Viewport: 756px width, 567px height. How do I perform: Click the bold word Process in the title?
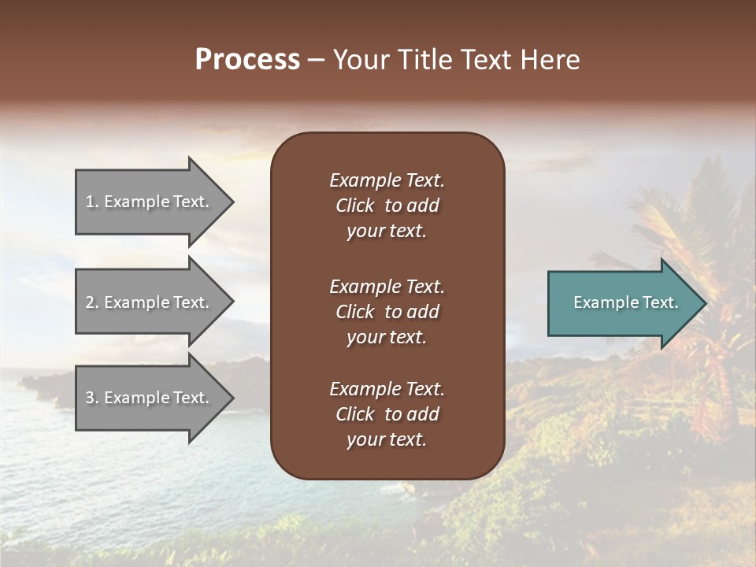click(247, 60)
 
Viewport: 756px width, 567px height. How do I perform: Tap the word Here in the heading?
click(550, 60)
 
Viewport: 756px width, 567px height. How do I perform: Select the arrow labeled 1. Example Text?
click(150, 202)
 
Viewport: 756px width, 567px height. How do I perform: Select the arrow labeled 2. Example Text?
click(150, 302)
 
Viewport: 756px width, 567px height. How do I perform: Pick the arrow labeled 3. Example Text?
click(150, 398)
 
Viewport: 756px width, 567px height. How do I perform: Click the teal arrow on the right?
click(622, 303)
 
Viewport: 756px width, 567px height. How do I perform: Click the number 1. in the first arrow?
click(92, 202)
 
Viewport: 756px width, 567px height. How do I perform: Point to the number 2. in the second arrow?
click(92, 302)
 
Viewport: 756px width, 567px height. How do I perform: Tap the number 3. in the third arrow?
click(92, 398)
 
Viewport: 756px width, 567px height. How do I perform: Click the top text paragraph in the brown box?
click(387, 206)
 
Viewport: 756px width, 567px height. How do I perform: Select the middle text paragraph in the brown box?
click(387, 311)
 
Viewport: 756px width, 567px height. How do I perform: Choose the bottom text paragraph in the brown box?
click(387, 414)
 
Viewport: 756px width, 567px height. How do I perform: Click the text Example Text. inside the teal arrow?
click(625, 302)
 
